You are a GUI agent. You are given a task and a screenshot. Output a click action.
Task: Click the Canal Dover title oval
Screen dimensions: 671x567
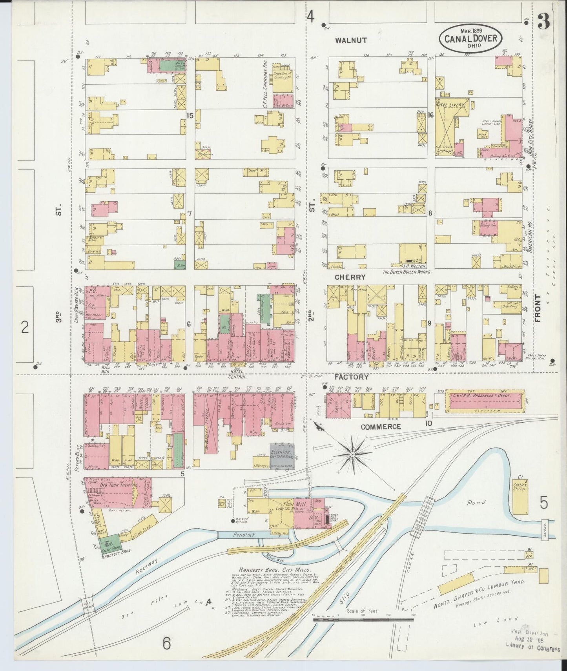(x=470, y=38)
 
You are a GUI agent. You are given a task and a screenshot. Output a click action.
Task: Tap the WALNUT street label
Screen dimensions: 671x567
(x=352, y=40)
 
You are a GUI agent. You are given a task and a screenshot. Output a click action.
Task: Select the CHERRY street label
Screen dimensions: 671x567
(x=350, y=277)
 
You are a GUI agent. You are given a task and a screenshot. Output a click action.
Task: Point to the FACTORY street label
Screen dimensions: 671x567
(x=351, y=377)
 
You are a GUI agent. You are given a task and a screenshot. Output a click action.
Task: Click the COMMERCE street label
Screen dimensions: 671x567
(x=381, y=427)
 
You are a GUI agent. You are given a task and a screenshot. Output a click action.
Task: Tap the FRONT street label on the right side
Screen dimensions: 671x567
(x=538, y=308)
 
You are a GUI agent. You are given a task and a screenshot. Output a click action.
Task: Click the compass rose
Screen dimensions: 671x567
(x=352, y=454)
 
